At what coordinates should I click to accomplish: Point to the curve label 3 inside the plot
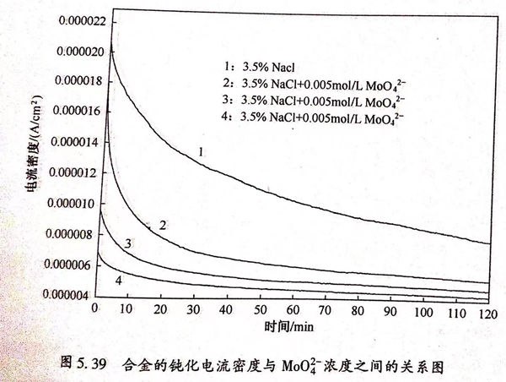(127, 244)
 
